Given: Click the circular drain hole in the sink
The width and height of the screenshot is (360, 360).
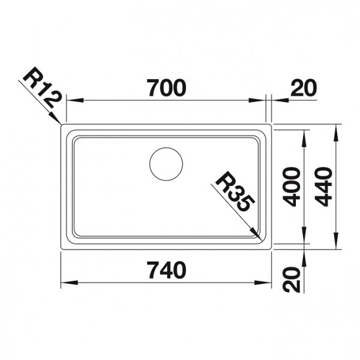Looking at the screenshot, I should point(166,164).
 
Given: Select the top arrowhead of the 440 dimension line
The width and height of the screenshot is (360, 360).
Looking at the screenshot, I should point(337,128).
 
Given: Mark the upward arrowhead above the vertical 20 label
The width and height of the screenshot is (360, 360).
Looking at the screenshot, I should point(305,254).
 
